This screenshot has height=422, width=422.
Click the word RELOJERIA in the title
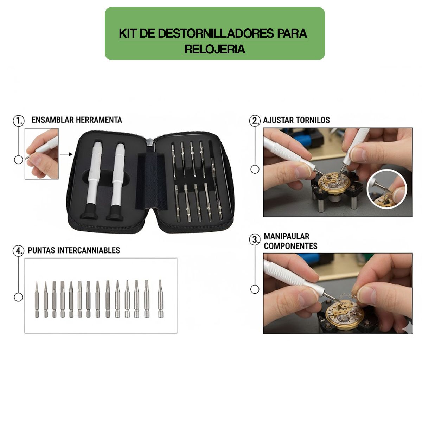point(215,49)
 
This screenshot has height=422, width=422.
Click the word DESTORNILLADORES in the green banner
point(216,33)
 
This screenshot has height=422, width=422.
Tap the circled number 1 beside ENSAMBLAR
point(19,121)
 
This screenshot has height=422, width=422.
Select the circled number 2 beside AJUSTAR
point(255,121)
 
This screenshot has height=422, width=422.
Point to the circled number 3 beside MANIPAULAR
point(255,240)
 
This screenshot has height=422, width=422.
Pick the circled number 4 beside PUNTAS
point(18,251)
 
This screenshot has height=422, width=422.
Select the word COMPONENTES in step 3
point(290,246)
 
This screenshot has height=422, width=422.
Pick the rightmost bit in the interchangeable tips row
point(160,299)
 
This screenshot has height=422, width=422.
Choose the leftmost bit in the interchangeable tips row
point(37,300)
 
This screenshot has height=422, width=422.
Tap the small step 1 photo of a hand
point(41,154)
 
